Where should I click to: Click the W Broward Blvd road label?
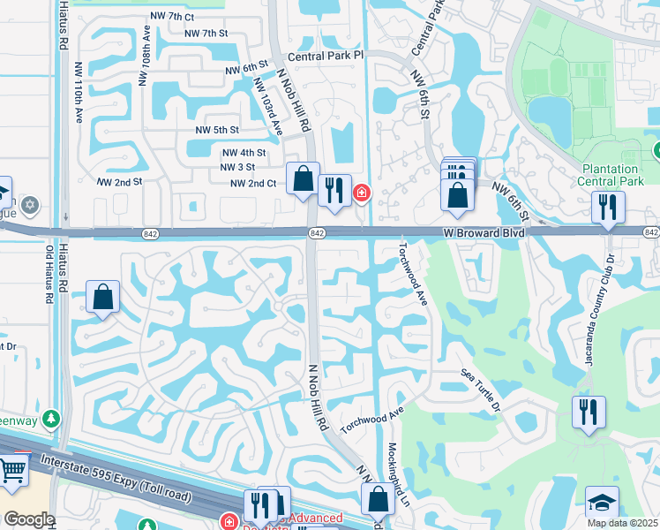484,232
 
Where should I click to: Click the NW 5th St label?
216,130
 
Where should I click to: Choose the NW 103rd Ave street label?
267,106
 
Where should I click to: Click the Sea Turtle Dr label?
480,390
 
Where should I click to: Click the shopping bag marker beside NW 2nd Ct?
303,179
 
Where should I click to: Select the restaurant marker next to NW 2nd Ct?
334,190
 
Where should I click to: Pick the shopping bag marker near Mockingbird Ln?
378,500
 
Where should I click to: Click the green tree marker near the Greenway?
52,417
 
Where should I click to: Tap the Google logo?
29,519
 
